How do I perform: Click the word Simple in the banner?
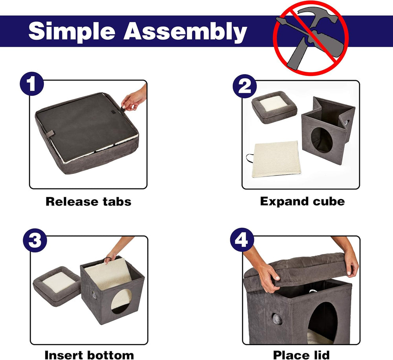click(x=72, y=31)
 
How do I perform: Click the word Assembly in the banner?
click(x=185, y=31)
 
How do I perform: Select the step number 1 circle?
click(x=32, y=84)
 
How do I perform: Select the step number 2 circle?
click(x=244, y=86)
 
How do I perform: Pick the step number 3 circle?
click(x=35, y=240)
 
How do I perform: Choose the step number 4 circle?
click(x=242, y=240)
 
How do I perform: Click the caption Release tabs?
click(x=88, y=201)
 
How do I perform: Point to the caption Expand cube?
click(x=302, y=201)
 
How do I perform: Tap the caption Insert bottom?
click(x=89, y=355)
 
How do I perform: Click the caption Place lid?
click(x=301, y=355)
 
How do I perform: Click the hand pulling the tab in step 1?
click(x=134, y=99)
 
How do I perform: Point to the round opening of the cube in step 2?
click(x=322, y=140)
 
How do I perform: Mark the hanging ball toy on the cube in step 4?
click(x=277, y=319)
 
